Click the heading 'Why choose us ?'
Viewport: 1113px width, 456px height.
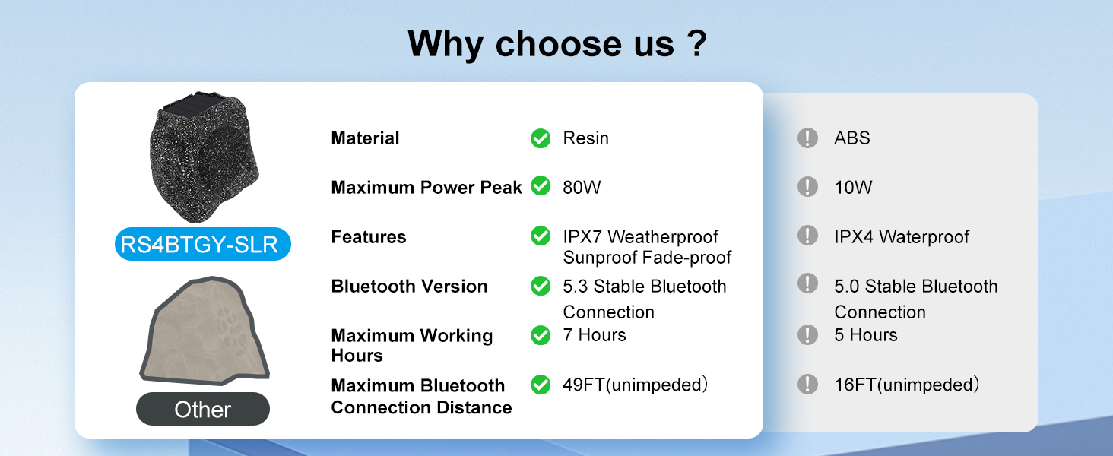[x=557, y=44]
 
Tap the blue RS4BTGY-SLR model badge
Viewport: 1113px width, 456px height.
[x=203, y=244]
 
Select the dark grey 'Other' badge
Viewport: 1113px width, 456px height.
[x=203, y=409]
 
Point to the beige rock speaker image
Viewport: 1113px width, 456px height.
[x=205, y=331]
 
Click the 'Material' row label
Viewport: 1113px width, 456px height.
[x=365, y=138]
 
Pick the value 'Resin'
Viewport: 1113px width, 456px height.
[x=586, y=138]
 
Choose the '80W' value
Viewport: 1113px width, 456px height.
[x=582, y=187]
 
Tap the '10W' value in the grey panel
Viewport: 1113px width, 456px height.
[x=853, y=187]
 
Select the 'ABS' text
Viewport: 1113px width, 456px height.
[x=852, y=138]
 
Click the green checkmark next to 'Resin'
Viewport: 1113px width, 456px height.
[x=541, y=138]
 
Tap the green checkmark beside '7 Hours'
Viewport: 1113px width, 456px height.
[x=541, y=335]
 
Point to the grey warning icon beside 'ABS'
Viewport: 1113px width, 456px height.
[x=807, y=138]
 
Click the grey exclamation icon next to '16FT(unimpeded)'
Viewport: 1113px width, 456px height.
[x=807, y=385]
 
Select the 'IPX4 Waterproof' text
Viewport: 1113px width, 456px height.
[x=902, y=237]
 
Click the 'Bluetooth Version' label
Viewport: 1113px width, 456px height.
[x=410, y=286]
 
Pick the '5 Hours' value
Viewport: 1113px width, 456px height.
[x=866, y=335]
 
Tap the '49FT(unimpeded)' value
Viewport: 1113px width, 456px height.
[x=635, y=385]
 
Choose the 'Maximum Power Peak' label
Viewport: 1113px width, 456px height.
[x=426, y=187]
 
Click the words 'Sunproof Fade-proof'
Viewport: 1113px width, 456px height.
[x=647, y=258]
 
